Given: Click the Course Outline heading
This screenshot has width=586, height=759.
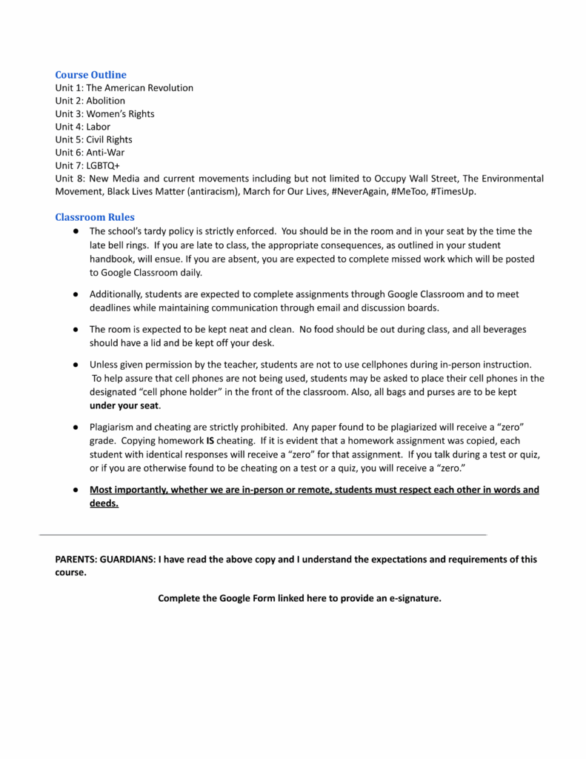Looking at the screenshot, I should pos(90,75).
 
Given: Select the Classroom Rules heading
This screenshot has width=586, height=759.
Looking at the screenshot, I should pos(95,217).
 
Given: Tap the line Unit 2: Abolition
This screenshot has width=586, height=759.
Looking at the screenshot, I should pos(90,101).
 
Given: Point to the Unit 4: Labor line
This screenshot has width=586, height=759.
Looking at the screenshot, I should pos(82,127).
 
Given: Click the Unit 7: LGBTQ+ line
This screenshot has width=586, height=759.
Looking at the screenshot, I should pos(87,165).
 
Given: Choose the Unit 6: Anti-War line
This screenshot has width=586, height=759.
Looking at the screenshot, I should pos(90,153).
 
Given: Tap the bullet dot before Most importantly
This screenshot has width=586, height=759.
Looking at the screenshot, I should pos(76,490).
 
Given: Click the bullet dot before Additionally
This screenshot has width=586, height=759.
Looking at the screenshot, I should pos(76,294).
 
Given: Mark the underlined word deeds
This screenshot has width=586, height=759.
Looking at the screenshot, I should pos(103,503).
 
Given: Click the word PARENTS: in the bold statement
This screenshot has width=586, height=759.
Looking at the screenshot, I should pos(77,560).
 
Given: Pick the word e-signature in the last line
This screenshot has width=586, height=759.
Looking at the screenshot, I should pos(414,598).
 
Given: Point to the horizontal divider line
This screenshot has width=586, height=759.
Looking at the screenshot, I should pos(263,534).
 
